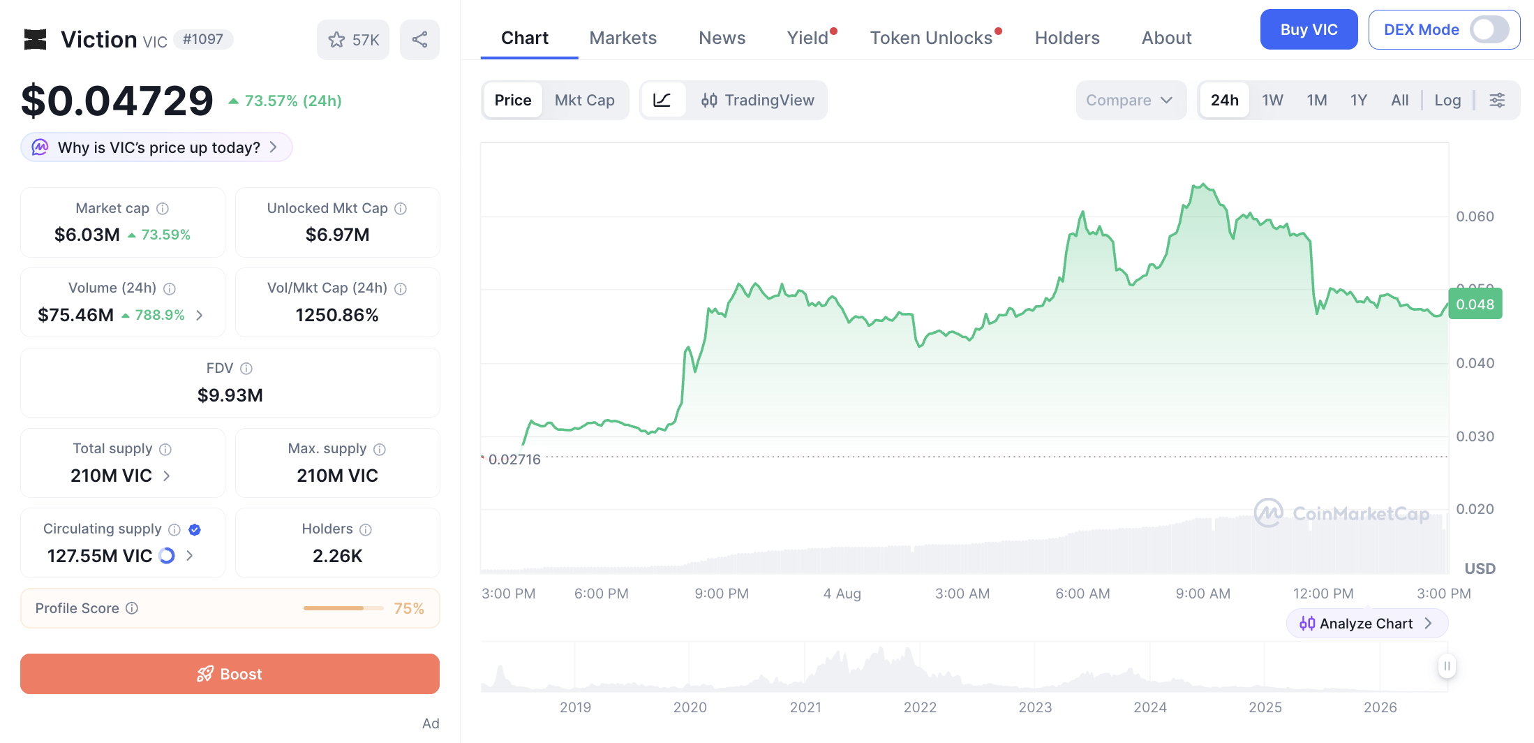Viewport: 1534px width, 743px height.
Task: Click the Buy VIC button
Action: click(x=1309, y=30)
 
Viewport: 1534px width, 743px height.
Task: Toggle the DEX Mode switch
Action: click(x=1489, y=30)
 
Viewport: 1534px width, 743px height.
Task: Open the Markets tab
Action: click(x=623, y=38)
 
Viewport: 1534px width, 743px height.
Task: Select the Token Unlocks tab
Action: click(x=931, y=38)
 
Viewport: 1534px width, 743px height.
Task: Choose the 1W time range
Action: click(x=1272, y=101)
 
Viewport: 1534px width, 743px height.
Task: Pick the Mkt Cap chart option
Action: click(x=584, y=101)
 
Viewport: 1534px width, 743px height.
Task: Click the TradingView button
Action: click(x=757, y=101)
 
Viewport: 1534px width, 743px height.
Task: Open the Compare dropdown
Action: click(x=1131, y=101)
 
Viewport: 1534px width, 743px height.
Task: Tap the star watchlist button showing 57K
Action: click(x=353, y=40)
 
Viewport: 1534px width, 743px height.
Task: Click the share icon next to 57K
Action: click(x=419, y=40)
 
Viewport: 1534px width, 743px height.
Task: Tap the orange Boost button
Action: click(x=230, y=674)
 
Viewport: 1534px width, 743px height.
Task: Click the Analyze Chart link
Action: click(x=1367, y=624)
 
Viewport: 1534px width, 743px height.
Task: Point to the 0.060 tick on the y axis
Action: click(x=1475, y=216)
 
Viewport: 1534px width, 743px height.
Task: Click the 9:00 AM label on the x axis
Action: click(x=1202, y=594)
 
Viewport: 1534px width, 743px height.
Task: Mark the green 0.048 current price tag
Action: click(x=1475, y=304)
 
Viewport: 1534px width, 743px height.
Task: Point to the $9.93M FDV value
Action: click(x=230, y=395)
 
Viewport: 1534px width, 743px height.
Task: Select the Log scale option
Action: click(x=1447, y=101)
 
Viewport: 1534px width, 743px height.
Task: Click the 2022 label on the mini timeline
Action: click(x=920, y=707)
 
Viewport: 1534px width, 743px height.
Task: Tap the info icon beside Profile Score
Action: click(x=132, y=608)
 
